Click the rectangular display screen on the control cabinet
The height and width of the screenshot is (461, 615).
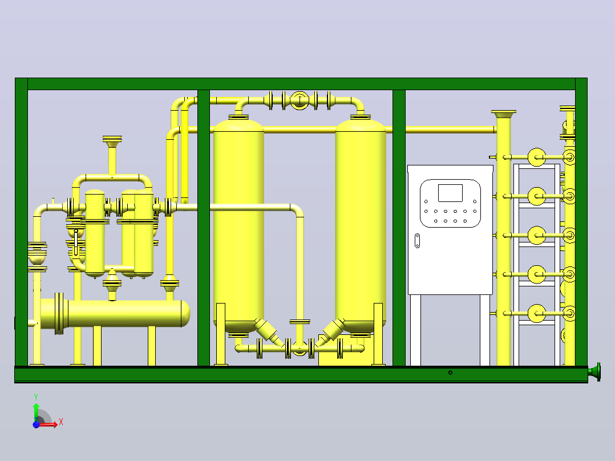(x=450, y=193)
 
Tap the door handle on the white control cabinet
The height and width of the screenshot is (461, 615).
(x=418, y=241)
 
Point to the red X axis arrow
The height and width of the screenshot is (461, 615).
(x=48, y=424)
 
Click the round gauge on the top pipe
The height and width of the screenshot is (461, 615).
(x=300, y=100)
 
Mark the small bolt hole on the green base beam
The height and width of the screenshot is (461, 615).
(x=450, y=373)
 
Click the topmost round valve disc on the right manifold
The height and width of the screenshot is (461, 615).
(x=536, y=157)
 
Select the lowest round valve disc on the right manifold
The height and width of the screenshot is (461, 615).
(x=536, y=313)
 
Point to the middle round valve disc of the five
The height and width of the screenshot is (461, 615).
(x=536, y=236)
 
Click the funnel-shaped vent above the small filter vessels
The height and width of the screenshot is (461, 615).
(x=112, y=142)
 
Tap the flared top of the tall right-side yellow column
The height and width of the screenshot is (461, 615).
(x=504, y=114)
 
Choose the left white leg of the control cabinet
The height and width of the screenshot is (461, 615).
(x=415, y=330)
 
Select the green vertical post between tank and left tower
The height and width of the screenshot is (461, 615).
(x=204, y=228)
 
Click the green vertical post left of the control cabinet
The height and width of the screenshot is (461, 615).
(x=399, y=228)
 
